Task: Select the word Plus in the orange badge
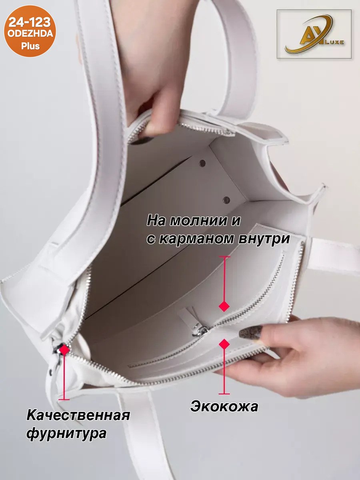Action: click(30, 46)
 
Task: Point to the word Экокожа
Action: click(224, 407)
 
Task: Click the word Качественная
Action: click(78, 415)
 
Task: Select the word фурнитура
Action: click(66, 433)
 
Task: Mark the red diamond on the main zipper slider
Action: click(64, 350)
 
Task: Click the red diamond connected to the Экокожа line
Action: click(224, 344)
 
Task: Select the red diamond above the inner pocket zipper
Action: click(224, 306)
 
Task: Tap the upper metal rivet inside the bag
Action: click(202, 162)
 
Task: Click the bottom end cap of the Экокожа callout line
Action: click(224, 393)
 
